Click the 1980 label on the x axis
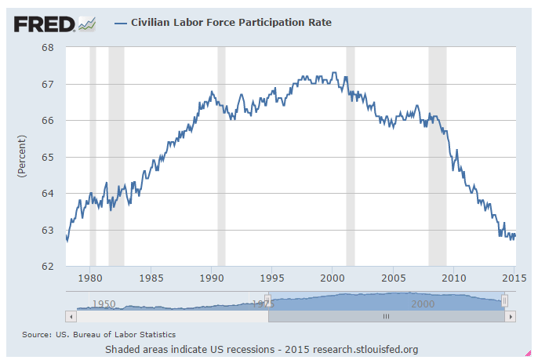point(91,278)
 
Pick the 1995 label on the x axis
point(272,278)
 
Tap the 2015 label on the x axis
point(514,278)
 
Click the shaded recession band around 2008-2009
point(437,157)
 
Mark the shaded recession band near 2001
point(351,157)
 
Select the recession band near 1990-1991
point(221,157)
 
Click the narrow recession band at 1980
point(93,157)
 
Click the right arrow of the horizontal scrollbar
point(511,316)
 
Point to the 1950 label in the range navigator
point(104,304)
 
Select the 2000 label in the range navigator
point(423,304)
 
